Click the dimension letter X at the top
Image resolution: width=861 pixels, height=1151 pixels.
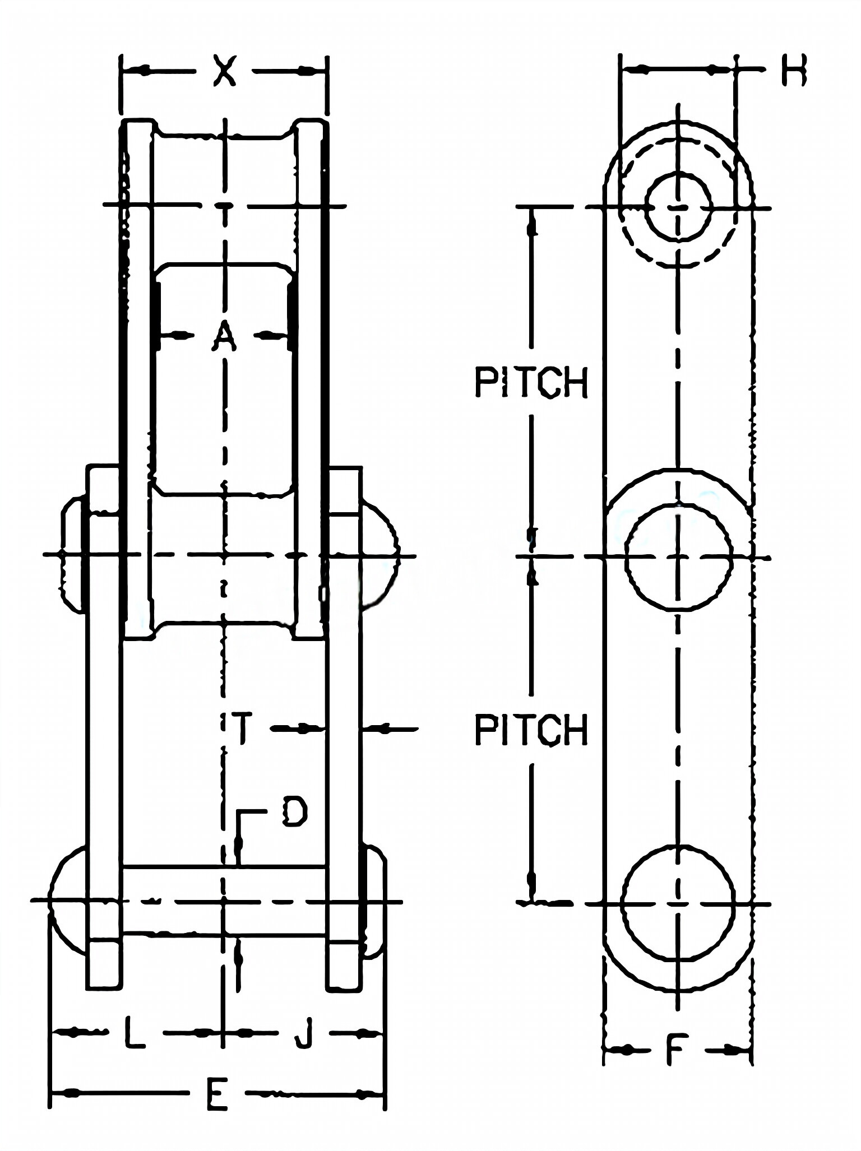224,71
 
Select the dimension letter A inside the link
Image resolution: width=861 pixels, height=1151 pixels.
224,337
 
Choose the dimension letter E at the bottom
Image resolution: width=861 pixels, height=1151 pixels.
217,1093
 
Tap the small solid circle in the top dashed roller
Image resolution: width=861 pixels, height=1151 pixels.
678,207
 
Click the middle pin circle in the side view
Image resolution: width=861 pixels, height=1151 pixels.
678,556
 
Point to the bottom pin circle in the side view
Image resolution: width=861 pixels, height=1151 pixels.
678,903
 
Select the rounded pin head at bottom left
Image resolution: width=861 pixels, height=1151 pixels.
67,902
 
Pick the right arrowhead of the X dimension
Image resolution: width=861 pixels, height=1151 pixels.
312,71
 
